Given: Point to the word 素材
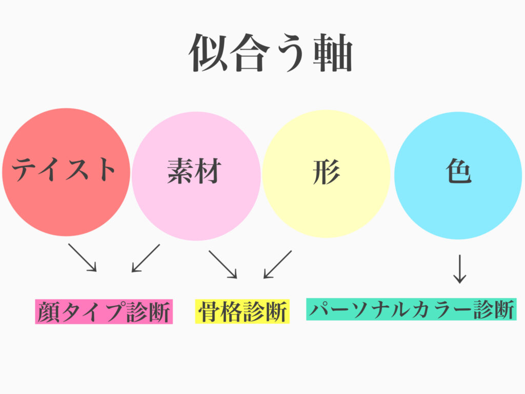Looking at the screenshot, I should tap(194, 172).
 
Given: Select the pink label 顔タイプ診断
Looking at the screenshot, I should tap(104, 312).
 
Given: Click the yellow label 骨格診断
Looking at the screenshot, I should tap(242, 312).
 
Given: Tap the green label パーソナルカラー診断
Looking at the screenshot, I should tap(411, 310).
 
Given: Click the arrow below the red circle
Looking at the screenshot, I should tap(83, 257).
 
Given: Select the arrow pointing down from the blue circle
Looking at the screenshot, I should tap(459, 268).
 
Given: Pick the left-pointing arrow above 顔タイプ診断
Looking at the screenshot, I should tap(146, 258).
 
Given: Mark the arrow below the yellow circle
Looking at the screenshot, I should tap(277, 264).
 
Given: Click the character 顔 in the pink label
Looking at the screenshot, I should tap(49, 312).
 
